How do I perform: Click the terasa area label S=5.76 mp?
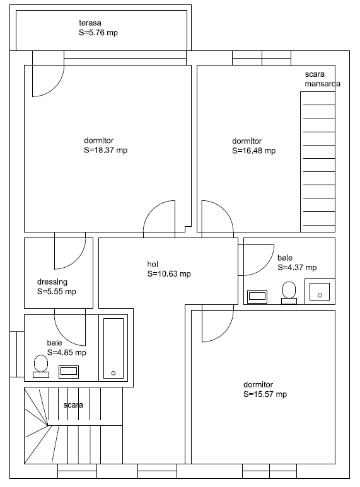[x=98, y=33]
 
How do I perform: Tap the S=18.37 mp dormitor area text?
[x=106, y=151]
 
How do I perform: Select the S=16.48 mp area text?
[x=253, y=151]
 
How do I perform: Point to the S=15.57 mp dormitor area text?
[x=265, y=394]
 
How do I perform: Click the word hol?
[x=153, y=264]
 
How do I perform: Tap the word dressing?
[x=52, y=282]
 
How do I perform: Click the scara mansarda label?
[x=322, y=79]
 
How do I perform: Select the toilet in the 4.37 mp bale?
[x=289, y=292]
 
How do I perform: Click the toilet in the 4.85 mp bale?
[x=41, y=367]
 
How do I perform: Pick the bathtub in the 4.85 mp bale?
[x=113, y=348]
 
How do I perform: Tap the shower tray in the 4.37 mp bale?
[x=320, y=292]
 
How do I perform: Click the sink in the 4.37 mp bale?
[x=257, y=297]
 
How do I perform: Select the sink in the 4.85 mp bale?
[x=69, y=372]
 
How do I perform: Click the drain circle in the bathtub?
[x=113, y=373]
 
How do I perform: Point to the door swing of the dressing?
[x=77, y=261]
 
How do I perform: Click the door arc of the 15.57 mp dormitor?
[x=225, y=333]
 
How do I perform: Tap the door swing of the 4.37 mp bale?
[x=266, y=267]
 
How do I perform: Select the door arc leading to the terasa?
[x=55, y=88]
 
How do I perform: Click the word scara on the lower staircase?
[x=73, y=405]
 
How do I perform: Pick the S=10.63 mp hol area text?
[x=169, y=274]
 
